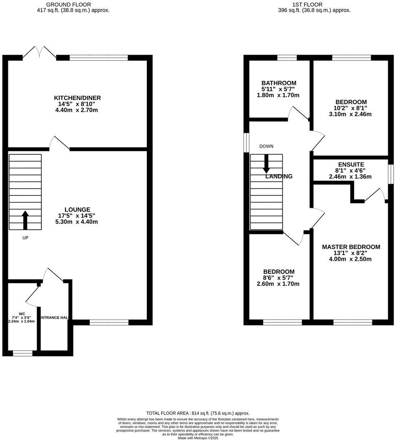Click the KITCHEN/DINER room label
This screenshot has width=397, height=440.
[x=78, y=98]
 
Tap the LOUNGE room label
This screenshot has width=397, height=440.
[x=78, y=209]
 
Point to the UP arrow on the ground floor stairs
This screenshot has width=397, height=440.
[x=25, y=220]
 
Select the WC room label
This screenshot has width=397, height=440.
[x=22, y=313]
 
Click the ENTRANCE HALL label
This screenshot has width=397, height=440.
[x=54, y=318]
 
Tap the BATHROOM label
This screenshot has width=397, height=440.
[x=279, y=83]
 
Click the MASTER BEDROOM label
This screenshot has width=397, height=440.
[x=351, y=247]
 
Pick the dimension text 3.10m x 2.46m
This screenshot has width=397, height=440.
[x=351, y=114]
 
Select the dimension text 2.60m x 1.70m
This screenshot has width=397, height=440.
[x=279, y=284]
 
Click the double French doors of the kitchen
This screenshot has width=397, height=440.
[x=40, y=53]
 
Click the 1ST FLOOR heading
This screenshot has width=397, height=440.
[x=314, y=5]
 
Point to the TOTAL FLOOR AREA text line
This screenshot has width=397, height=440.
[x=198, y=413]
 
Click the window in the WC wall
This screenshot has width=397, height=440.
[x=23, y=353]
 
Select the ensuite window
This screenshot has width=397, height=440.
[x=391, y=174]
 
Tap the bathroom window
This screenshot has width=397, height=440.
[x=287, y=58]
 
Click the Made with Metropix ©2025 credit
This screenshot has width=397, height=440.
[x=198, y=438]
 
